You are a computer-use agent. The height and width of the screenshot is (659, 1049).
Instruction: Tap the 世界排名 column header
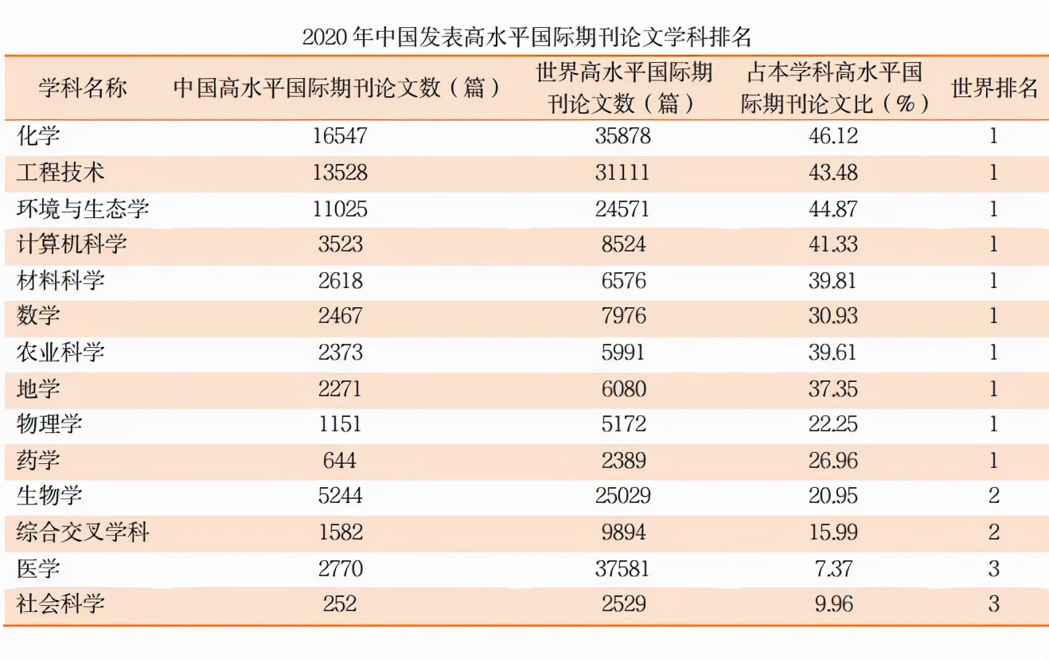pyautogui.click(x=994, y=88)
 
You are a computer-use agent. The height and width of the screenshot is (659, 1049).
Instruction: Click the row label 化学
pyautogui.click(x=38, y=136)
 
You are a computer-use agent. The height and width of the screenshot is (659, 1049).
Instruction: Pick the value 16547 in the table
pyautogui.click(x=340, y=136)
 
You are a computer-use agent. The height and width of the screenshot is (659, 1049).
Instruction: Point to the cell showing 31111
pyautogui.click(x=622, y=173)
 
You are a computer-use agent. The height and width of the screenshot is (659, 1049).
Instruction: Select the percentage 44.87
pyautogui.click(x=833, y=209)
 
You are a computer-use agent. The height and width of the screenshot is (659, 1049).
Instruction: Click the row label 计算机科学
pyautogui.click(x=72, y=244)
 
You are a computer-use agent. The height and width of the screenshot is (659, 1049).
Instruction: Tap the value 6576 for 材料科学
pyautogui.click(x=622, y=280)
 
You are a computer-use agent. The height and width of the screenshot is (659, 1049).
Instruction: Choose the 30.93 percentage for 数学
pyautogui.click(x=833, y=316)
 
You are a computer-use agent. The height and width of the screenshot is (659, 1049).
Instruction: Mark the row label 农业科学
pyautogui.click(x=60, y=352)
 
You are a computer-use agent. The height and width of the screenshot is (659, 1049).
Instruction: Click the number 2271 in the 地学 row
pyautogui.click(x=340, y=388)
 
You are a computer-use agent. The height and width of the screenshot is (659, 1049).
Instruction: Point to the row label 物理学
pyautogui.click(x=49, y=424)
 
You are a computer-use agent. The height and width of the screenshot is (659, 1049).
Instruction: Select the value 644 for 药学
pyautogui.click(x=340, y=461)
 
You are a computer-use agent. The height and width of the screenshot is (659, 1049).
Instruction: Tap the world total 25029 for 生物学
pyautogui.click(x=622, y=497)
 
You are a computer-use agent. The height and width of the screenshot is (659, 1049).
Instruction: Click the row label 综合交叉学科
pyautogui.click(x=83, y=532)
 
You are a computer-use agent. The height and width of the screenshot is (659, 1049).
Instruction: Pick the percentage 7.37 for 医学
pyautogui.click(x=833, y=569)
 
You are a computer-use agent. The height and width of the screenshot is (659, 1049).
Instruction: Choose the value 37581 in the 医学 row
pyautogui.click(x=622, y=569)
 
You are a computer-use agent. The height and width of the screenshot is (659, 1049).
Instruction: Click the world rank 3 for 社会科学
pyautogui.click(x=993, y=604)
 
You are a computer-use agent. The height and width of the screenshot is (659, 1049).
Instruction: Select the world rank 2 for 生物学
pyautogui.click(x=993, y=497)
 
